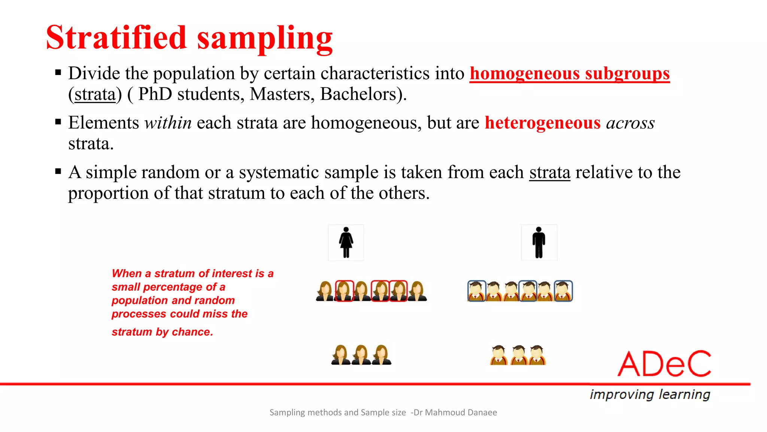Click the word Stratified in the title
[116, 37]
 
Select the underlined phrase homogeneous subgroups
[569, 73]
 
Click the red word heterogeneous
[542, 123]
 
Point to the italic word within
[168, 123]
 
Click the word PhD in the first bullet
[155, 94]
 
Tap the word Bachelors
[358, 94]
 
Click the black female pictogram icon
[346, 243]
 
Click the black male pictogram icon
[539, 243]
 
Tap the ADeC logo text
[664, 364]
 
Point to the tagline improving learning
[650, 394]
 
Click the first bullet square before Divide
[58, 72]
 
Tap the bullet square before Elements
[58, 122]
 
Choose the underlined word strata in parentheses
[95, 94]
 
